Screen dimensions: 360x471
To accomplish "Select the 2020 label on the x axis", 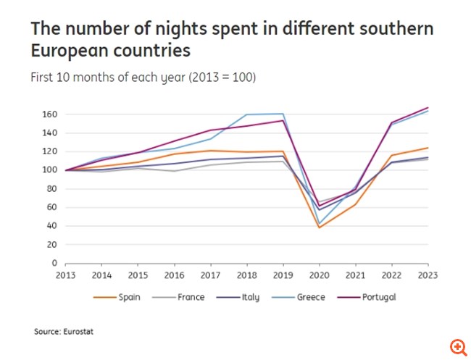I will (x=320, y=275).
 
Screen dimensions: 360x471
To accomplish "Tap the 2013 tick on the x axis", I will (x=65, y=275).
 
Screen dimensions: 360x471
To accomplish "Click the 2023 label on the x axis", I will (x=428, y=275).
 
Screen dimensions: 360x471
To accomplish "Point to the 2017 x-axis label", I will (x=210, y=275).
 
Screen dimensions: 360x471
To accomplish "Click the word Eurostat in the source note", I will (x=80, y=332).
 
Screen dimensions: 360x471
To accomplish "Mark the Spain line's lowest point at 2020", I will (x=320, y=227).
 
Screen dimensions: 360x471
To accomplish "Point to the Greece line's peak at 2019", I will (x=283, y=114).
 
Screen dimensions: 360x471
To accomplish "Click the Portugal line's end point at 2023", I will (x=428, y=107).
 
